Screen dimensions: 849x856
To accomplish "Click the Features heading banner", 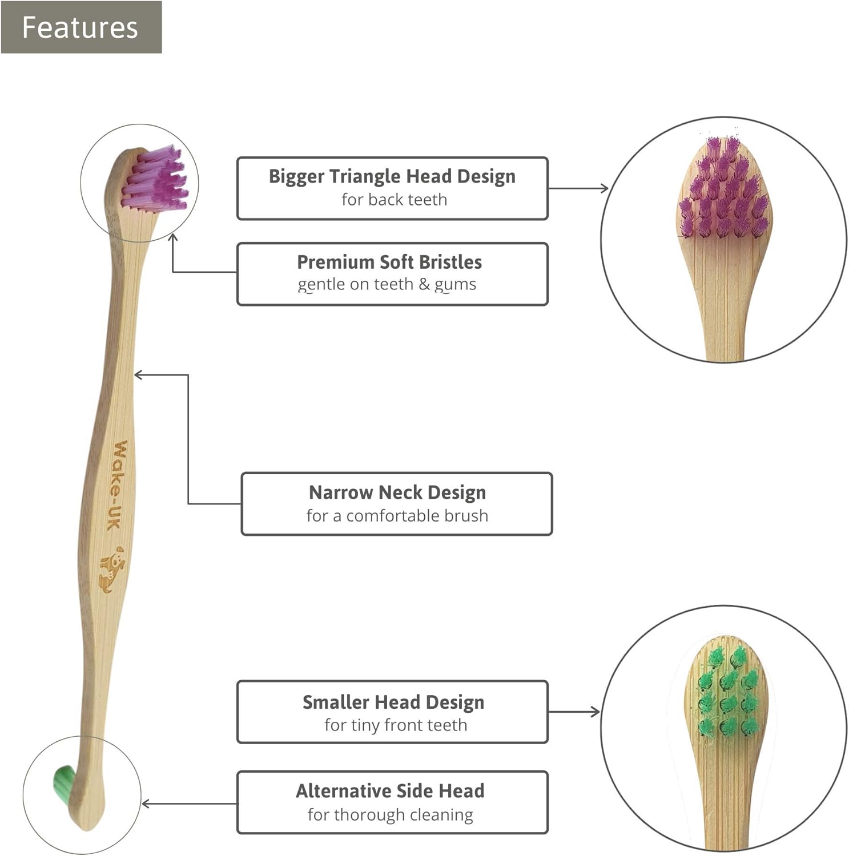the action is click(x=81, y=27).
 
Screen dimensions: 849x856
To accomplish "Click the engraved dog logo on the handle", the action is click(x=112, y=569).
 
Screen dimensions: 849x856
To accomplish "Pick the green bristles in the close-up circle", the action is click(x=728, y=693).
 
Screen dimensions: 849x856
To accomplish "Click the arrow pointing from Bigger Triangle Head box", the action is click(x=578, y=188).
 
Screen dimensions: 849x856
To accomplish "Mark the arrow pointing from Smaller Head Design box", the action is click(x=574, y=712).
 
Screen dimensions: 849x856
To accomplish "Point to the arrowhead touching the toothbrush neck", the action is click(x=138, y=375).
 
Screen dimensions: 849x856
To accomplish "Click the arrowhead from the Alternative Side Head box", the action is click(x=146, y=803).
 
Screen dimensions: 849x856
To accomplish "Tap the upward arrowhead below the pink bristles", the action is click(x=173, y=237).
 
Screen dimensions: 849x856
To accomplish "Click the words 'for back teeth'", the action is click(x=394, y=200).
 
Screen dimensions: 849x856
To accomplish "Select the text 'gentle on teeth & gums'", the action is click(x=387, y=285).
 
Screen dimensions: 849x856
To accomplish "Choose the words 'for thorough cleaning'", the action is click(x=390, y=815).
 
